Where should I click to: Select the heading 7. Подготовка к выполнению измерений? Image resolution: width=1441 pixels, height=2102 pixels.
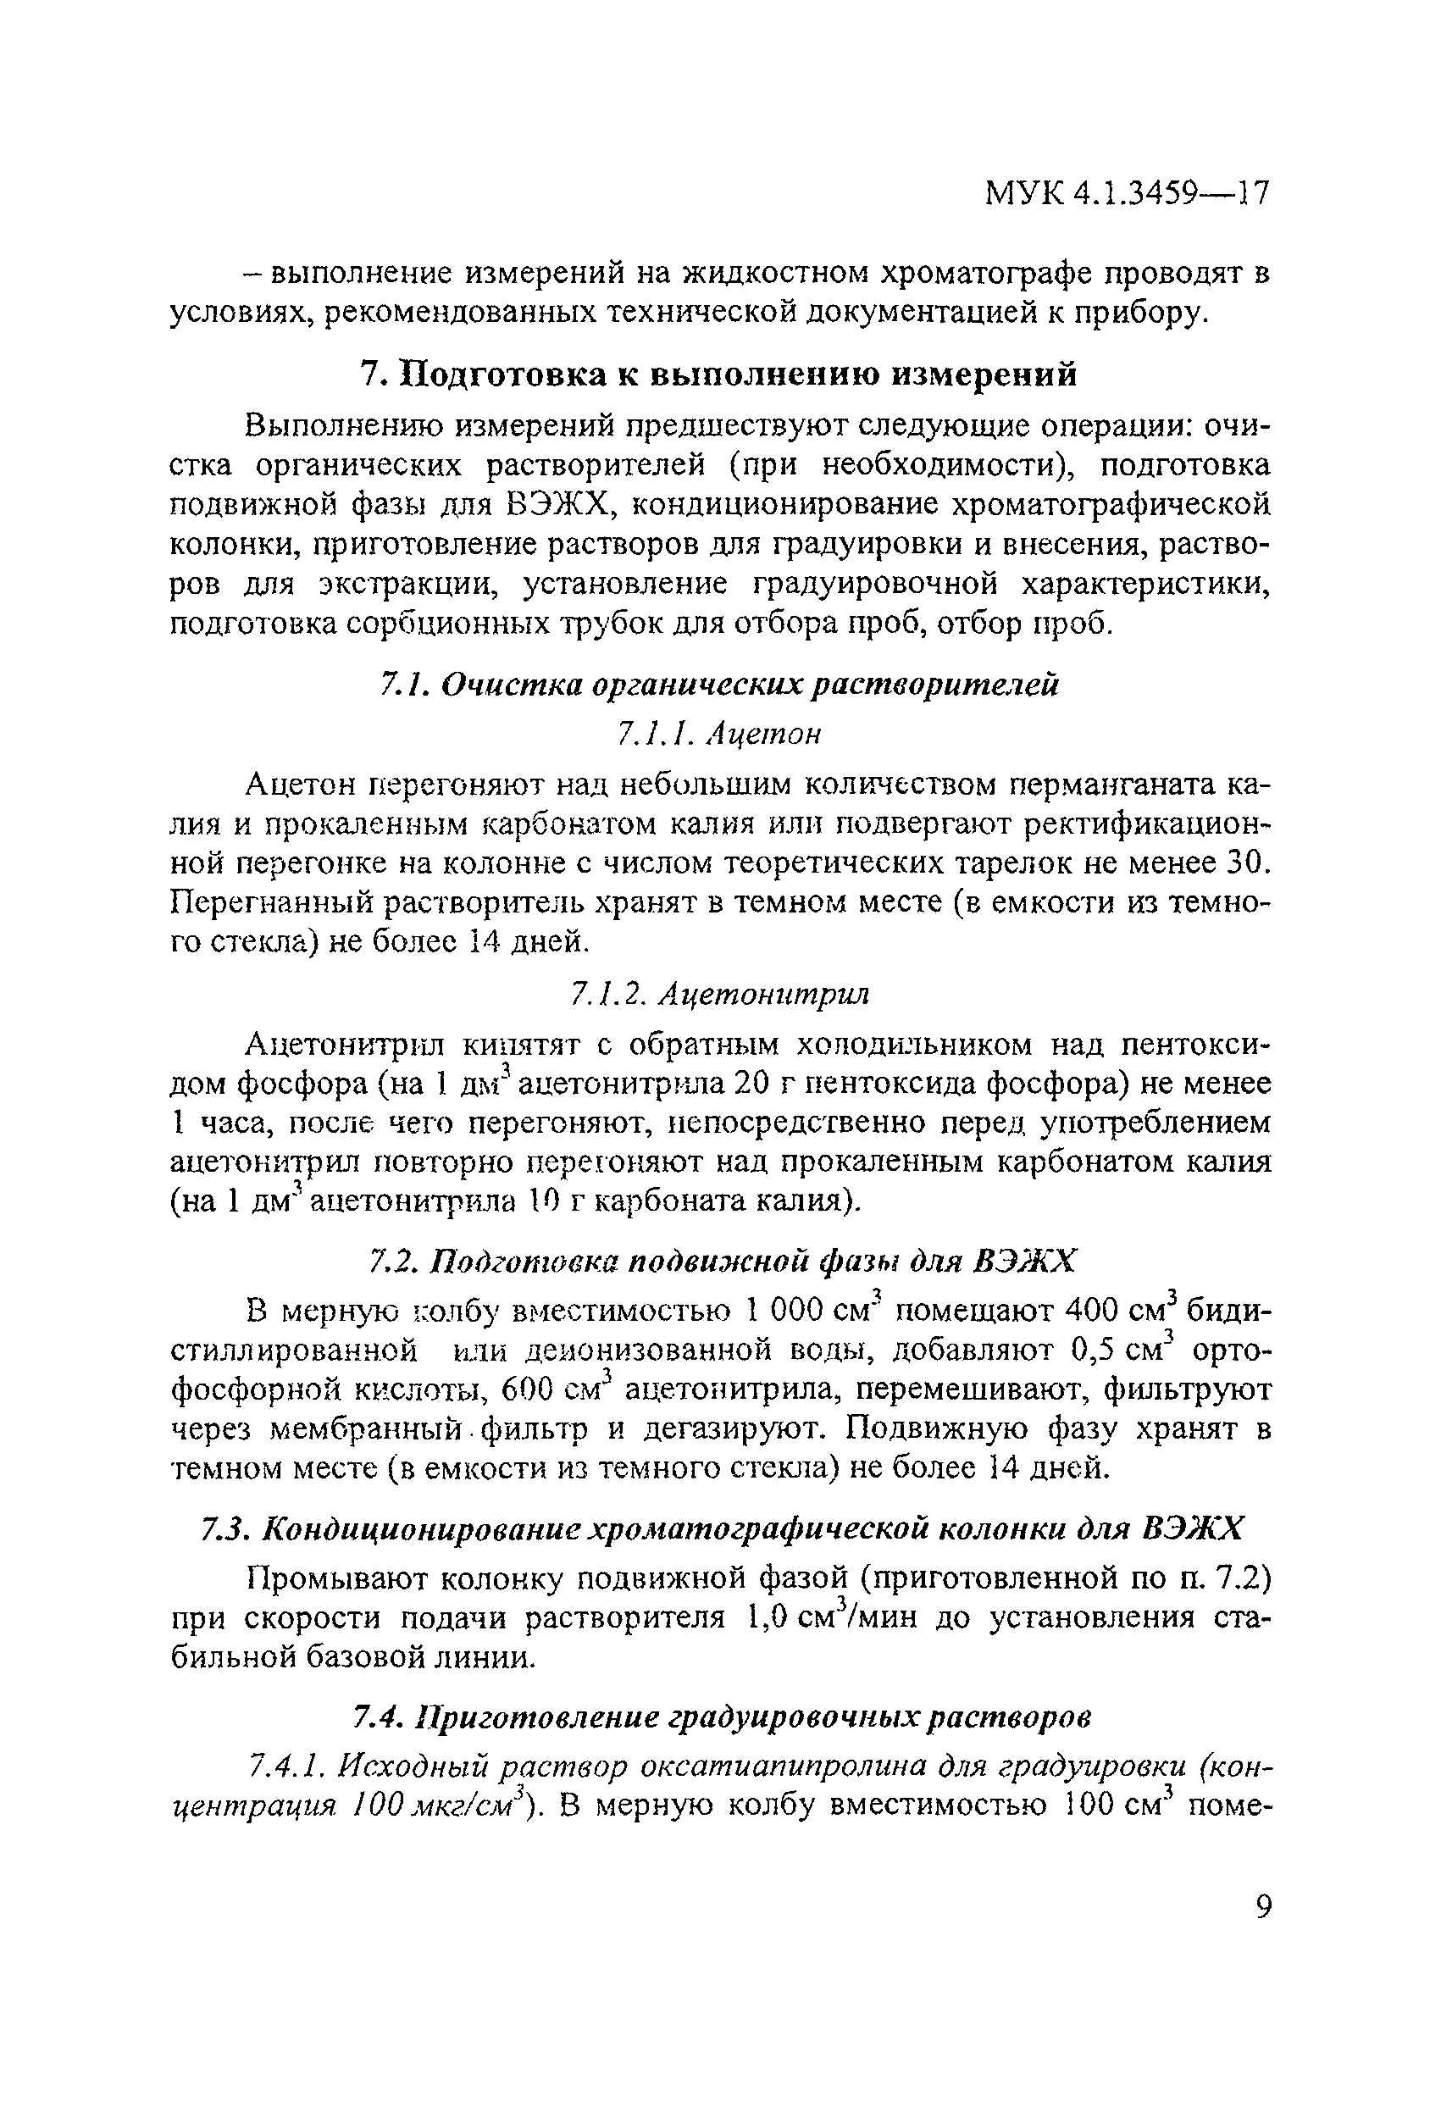click(719, 374)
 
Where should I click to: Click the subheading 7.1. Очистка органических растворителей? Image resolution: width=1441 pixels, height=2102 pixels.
click(719, 685)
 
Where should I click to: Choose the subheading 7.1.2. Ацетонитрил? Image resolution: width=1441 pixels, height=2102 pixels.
click(719, 994)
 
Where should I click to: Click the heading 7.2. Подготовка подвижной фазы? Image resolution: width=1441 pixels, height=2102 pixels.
click(723, 1261)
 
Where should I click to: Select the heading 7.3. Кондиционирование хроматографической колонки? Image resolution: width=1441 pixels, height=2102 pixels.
click(721, 1529)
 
